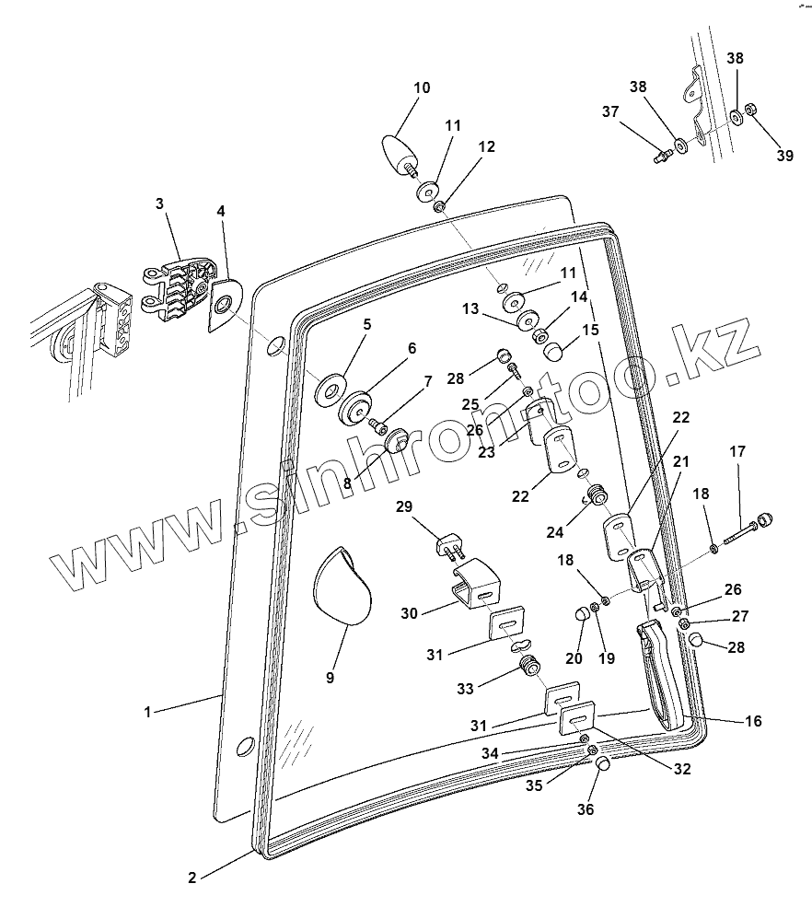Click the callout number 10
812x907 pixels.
(422, 88)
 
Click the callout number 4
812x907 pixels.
(221, 211)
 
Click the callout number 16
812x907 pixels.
(752, 721)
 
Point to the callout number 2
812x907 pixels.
(191, 877)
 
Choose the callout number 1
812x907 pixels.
(147, 712)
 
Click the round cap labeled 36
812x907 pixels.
(603, 764)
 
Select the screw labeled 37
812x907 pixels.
(662, 157)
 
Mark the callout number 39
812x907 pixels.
(783, 156)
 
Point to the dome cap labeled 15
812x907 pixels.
(554, 351)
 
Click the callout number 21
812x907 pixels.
(681, 460)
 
